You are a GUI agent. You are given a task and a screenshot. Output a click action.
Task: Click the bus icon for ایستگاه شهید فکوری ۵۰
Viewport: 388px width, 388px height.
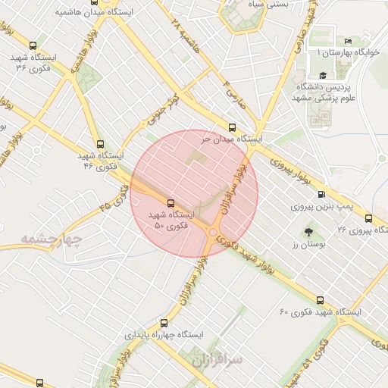click(x=170, y=203)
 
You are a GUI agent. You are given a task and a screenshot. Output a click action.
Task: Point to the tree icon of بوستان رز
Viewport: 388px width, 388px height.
click(x=308, y=232)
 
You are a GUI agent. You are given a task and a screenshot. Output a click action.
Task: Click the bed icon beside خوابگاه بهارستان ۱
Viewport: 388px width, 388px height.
click(x=348, y=40)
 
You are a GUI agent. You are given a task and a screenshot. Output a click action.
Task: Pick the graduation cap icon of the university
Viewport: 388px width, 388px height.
click(x=323, y=75)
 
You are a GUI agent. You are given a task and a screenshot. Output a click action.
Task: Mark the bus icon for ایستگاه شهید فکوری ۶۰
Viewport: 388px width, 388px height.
click(x=320, y=300)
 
